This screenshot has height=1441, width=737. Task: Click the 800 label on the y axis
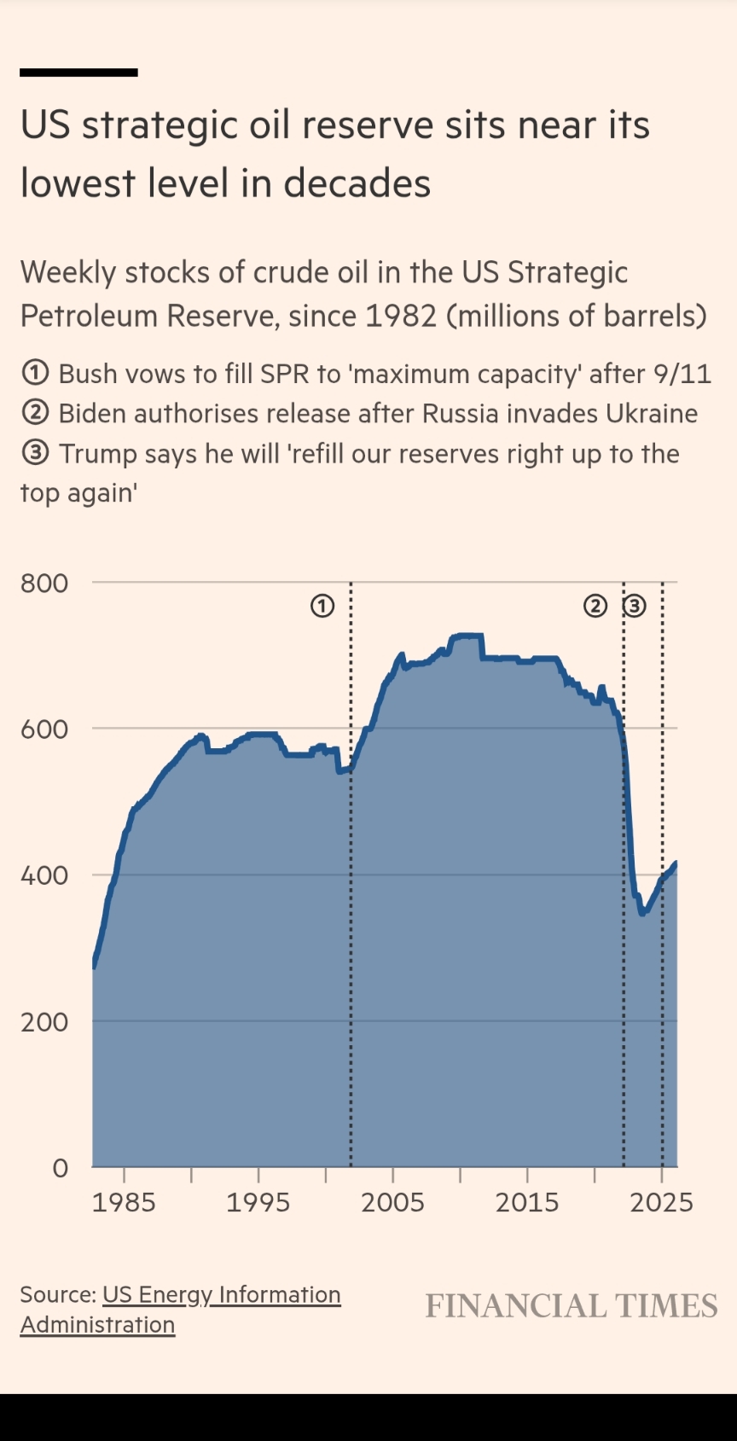coord(44,584)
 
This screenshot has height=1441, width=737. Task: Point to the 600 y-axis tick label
coord(44,729)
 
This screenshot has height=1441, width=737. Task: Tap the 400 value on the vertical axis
coord(44,875)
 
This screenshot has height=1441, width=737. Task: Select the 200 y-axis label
coord(44,1022)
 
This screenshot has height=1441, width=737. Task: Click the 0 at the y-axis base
coord(60,1168)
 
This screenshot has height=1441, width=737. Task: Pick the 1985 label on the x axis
coord(124,1202)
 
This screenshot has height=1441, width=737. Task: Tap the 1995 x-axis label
coord(258,1202)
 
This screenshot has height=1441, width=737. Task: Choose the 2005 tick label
coord(392,1202)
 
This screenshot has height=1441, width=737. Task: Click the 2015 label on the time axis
coord(527,1202)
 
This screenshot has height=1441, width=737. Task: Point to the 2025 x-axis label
coord(661,1202)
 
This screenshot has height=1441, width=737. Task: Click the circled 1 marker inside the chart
coord(322,607)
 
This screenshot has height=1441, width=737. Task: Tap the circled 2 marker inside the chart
coord(595,607)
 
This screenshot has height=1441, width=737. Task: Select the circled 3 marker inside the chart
coord(634,607)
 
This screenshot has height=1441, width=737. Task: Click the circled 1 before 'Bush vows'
coord(35,374)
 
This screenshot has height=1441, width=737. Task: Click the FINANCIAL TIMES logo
coord(572,1306)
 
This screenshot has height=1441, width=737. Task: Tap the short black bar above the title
coord(78,73)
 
